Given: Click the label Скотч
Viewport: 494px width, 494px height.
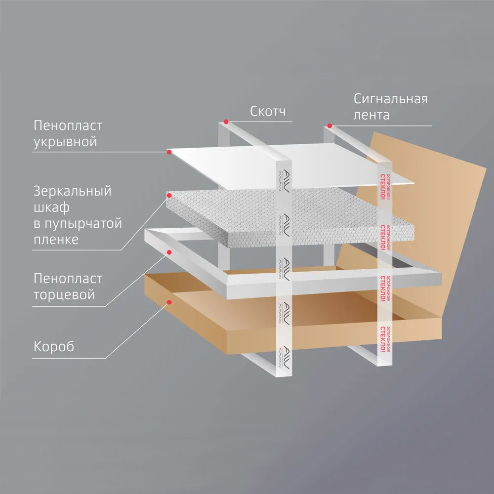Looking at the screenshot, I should pos(267,112).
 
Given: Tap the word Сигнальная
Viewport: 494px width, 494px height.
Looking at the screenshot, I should pos(390,99).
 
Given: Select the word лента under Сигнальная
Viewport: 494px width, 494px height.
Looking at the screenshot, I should pos(371,116).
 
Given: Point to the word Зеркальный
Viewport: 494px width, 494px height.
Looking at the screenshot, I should pos(73,191).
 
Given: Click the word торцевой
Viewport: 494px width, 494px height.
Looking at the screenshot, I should pos(64,295).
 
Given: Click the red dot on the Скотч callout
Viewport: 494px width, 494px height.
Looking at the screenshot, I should pos(225,121).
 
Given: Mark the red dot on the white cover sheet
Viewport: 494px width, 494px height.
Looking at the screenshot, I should pos(169,152).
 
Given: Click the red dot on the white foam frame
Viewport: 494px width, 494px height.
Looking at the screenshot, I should pos(169,252).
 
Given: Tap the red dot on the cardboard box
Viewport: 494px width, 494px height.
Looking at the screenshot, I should pos(169,301).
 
